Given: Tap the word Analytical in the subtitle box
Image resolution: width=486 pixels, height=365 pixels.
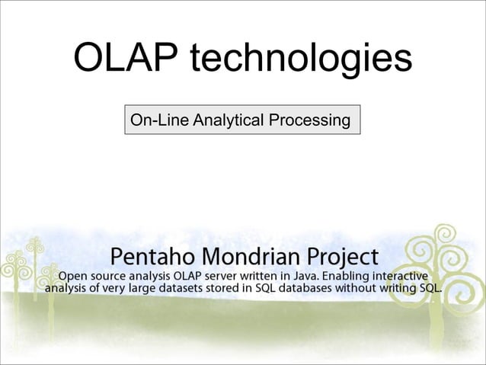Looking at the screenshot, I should point(226,120).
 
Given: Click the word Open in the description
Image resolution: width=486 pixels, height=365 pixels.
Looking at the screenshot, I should point(74,274).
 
